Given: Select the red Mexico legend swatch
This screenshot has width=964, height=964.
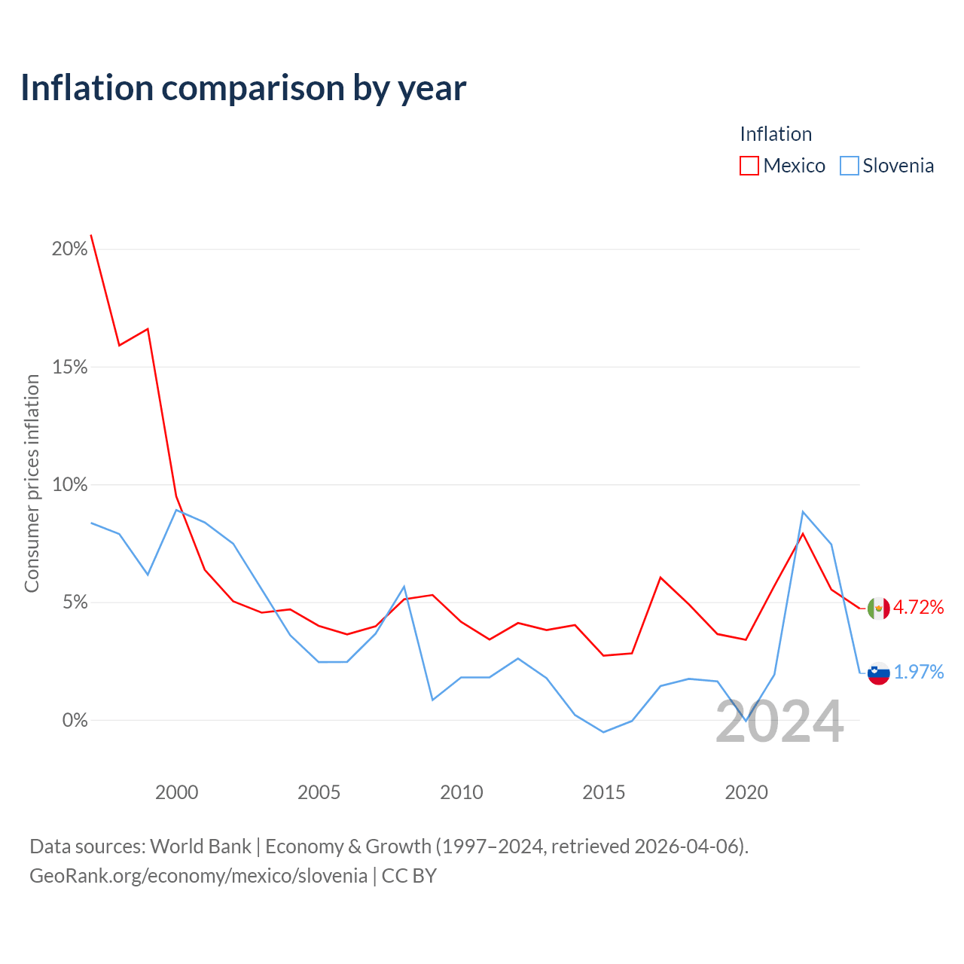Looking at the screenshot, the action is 749,166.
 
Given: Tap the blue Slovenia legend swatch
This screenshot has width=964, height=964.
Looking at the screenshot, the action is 849,166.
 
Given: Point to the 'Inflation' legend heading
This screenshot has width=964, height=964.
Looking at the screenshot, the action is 776,134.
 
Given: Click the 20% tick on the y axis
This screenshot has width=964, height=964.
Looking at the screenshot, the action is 69,249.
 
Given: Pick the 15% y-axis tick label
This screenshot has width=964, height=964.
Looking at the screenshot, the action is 69,368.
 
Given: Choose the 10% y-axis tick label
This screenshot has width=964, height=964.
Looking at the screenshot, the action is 69,484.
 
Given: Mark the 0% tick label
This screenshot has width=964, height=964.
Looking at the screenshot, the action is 75,720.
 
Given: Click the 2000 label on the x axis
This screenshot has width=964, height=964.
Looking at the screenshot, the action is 176,792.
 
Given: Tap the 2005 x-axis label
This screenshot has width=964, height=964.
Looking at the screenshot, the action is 319,792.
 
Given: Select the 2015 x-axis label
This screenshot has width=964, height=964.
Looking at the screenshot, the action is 604,792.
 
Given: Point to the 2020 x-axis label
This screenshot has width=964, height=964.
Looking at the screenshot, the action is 746,792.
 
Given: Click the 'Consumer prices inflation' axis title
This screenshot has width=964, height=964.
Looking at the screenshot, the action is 32,484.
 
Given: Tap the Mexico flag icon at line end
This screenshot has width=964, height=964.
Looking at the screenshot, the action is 878,609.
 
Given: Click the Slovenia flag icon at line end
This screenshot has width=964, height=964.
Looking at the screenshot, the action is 878,673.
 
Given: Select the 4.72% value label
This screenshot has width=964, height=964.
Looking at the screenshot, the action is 919,607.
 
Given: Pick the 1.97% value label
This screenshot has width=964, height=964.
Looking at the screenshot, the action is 919,672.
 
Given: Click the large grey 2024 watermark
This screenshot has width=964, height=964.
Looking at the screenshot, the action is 780,722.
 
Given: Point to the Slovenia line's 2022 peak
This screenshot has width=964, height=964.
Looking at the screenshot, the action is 803,512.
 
